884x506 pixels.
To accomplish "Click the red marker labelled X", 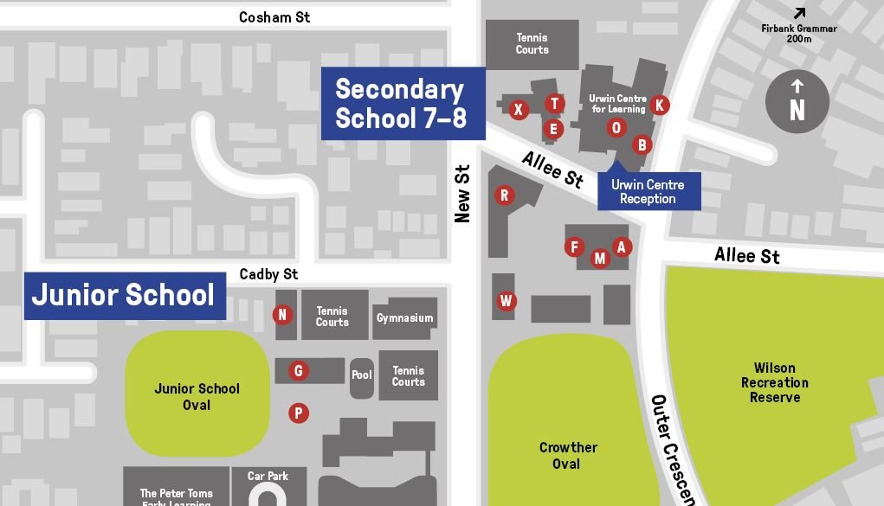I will point(518,109).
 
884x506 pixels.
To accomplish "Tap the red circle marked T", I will point(555,104).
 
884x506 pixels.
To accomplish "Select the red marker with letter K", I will point(660,105).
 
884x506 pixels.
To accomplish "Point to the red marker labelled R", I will point(504,195).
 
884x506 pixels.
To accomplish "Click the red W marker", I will point(507,301).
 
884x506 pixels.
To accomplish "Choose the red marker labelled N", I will point(281,315).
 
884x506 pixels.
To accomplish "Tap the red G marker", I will point(299,371).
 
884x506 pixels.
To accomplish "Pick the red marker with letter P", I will point(299,413).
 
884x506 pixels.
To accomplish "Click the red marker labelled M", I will point(600,258).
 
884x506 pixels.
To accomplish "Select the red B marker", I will point(642,144).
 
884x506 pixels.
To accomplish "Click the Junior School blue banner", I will point(124,296).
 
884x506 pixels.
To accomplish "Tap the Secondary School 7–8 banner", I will point(402,103).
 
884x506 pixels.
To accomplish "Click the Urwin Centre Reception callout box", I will point(648,191).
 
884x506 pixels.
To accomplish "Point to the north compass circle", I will point(797,103).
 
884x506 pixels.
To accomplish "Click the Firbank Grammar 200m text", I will point(798,33).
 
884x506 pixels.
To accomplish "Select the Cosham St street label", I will point(274,17).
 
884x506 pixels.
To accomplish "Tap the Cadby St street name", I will point(268,274).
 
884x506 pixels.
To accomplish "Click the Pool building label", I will point(362,375).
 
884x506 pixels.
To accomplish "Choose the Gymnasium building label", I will point(404,318).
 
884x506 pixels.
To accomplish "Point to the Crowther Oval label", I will point(568,455).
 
